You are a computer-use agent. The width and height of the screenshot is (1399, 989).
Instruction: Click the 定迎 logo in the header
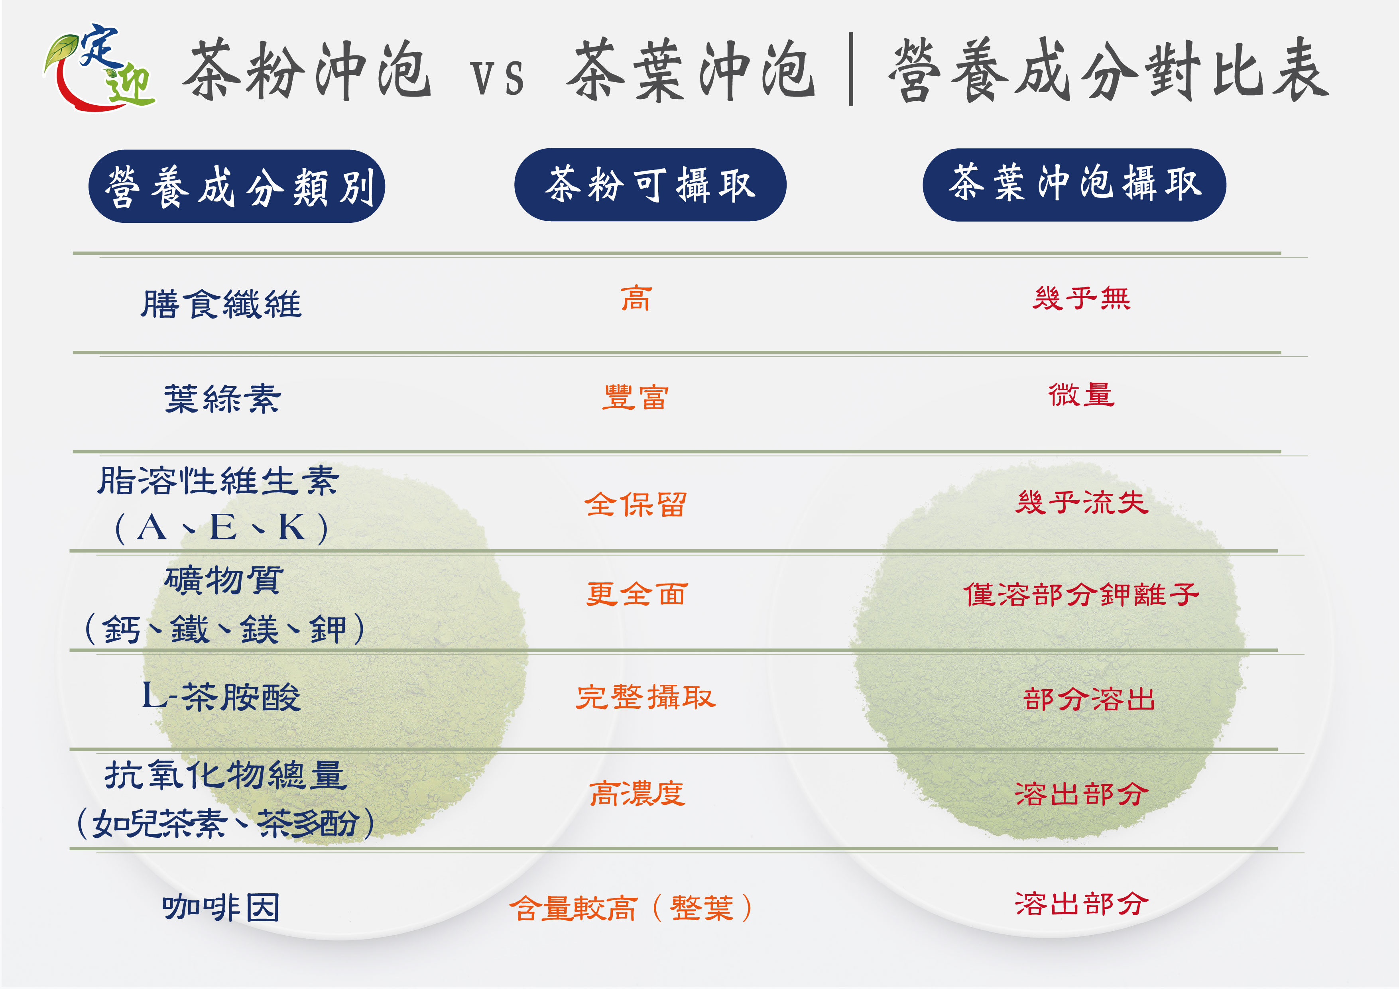click(99, 67)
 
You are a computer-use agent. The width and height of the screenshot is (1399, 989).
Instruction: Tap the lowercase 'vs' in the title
click(497, 78)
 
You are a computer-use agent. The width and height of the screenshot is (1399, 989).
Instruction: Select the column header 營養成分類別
click(237, 187)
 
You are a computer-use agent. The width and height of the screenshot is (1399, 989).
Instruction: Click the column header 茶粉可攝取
click(650, 185)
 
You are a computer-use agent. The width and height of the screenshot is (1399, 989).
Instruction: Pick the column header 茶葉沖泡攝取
click(1074, 185)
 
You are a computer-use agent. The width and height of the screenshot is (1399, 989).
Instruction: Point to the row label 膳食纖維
click(221, 304)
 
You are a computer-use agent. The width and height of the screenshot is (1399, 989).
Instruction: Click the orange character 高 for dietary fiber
click(636, 299)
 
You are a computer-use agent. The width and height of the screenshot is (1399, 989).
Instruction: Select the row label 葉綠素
click(222, 399)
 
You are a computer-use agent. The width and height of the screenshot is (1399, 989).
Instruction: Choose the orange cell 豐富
click(636, 397)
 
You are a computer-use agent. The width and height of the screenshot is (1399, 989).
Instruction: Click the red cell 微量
click(1081, 395)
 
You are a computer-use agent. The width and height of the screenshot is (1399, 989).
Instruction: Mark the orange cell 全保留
click(636, 505)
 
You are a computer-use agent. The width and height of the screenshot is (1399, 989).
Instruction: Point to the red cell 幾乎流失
click(1082, 503)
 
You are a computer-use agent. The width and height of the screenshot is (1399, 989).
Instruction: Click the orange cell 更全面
click(637, 594)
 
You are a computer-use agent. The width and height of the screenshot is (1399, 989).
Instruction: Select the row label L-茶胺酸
click(221, 696)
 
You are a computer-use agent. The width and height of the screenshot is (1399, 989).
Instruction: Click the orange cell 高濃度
click(637, 793)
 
